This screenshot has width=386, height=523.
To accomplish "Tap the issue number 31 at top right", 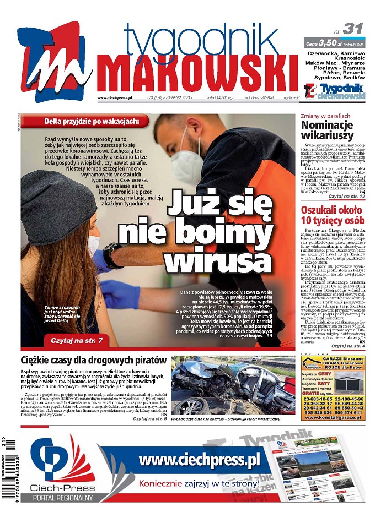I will [352, 29].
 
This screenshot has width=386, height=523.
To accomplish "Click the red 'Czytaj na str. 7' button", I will [76, 341].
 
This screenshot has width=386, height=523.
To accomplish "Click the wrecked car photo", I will [233, 385].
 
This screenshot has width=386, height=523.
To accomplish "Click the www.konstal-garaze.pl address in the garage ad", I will [333, 417].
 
